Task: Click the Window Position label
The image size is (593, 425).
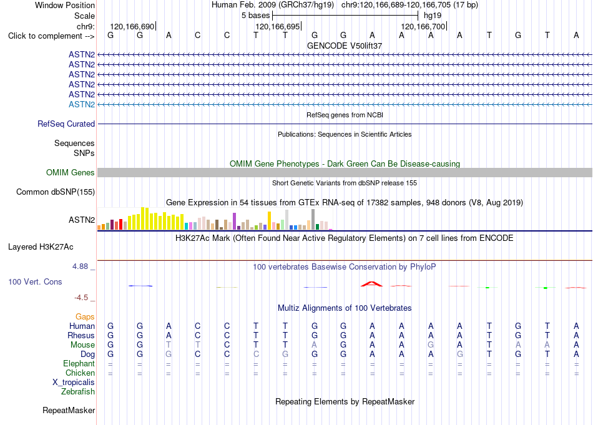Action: click(65, 5)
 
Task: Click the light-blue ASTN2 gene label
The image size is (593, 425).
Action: click(82, 104)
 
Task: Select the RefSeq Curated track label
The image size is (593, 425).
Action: click(66, 124)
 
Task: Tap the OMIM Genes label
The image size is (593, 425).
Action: click(71, 172)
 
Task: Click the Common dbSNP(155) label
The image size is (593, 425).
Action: click(56, 192)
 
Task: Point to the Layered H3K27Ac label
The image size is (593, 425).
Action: click(41, 247)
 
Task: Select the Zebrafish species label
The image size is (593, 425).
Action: click(78, 392)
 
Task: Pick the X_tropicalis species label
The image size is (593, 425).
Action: click(74, 383)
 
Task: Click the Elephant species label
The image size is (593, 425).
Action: click(79, 363)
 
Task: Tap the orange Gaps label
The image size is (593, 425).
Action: click(85, 316)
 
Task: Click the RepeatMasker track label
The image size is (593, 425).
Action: click(69, 410)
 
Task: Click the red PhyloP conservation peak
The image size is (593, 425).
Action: click(372, 283)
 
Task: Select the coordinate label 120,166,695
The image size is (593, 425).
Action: click(278, 26)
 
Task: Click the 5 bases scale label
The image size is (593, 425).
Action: click(256, 16)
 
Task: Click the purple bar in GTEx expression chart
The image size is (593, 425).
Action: click(235, 221)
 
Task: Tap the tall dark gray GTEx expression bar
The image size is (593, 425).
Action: click(313, 219)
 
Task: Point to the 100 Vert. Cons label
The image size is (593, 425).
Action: click(35, 281)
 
